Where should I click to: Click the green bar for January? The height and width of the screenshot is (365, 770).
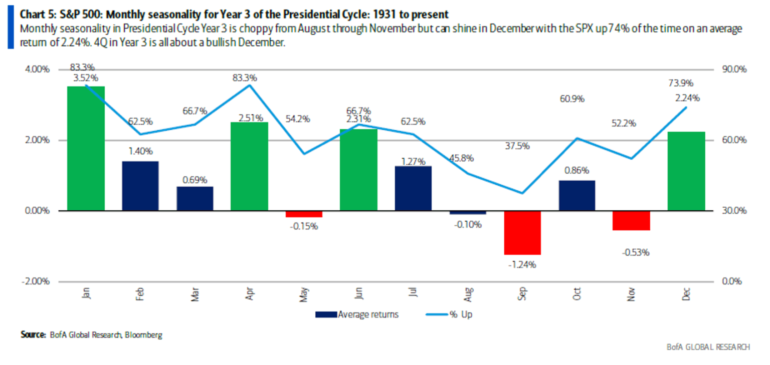(86, 148)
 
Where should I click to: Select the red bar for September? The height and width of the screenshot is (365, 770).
(522, 232)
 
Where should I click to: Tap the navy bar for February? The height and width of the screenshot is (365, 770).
(140, 186)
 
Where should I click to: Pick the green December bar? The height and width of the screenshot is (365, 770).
(686, 171)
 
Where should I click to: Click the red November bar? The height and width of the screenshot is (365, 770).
(631, 220)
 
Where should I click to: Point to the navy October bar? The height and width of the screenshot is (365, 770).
(576, 195)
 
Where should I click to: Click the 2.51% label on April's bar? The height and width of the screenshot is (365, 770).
(249, 118)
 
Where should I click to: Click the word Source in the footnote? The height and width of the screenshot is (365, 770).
(33, 334)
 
